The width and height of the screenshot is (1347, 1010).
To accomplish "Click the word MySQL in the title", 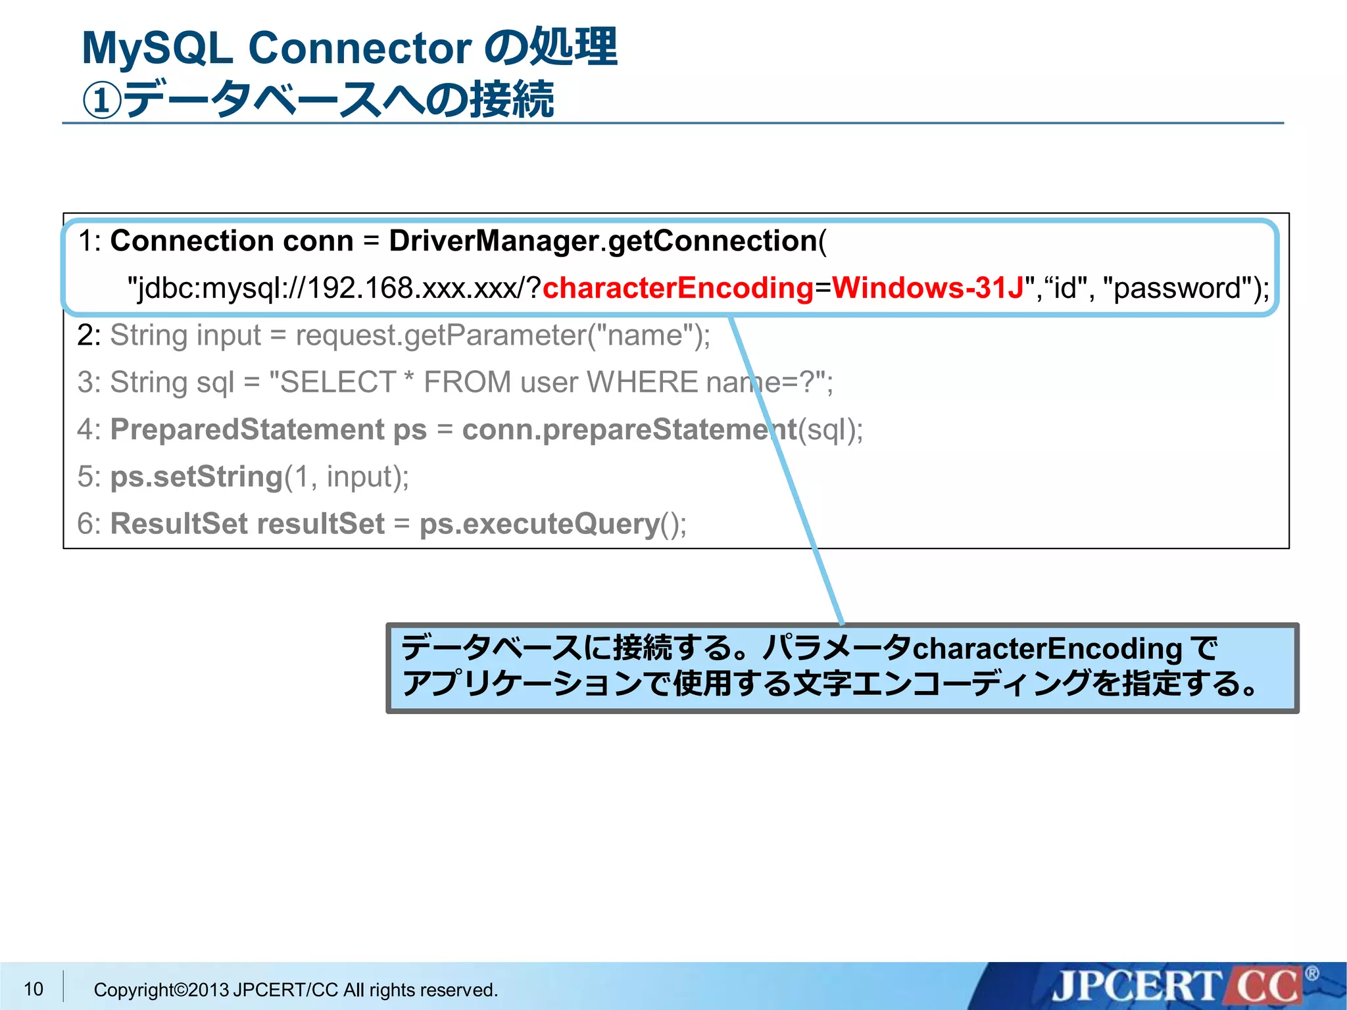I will pyautogui.click(x=157, y=49).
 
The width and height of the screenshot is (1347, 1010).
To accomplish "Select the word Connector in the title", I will pyautogui.click(x=359, y=49).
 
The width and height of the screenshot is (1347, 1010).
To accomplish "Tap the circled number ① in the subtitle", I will pyautogui.click(x=102, y=101).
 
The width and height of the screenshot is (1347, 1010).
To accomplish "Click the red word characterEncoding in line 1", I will pyautogui.click(x=677, y=288).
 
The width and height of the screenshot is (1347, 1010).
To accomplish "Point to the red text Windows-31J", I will pyautogui.click(x=927, y=288).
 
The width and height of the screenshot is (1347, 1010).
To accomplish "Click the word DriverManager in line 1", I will pyautogui.click(x=493, y=241).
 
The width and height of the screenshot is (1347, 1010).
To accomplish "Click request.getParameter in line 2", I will pyautogui.click(x=441, y=335).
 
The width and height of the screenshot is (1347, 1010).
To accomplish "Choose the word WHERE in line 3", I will pyautogui.click(x=641, y=382).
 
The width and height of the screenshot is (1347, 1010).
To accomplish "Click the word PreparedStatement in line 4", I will pyautogui.click(x=247, y=429).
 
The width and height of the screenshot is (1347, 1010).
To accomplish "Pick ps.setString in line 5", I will pyautogui.click(x=195, y=477).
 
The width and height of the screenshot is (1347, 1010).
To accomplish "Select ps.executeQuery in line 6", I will pyautogui.click(x=539, y=524).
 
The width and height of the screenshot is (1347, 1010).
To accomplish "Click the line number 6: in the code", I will pyautogui.click(x=89, y=524).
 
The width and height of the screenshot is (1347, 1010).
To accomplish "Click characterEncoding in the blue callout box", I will pyautogui.click(x=1047, y=649).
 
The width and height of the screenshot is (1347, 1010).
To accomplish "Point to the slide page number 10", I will pyautogui.click(x=34, y=989).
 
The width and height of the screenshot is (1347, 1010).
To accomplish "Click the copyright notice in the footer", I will pyautogui.click(x=295, y=990).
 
